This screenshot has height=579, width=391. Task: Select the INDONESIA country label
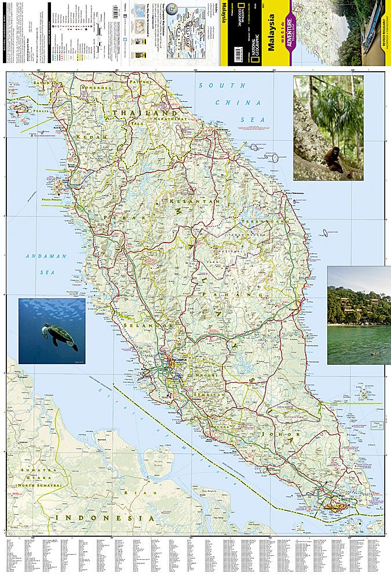101,518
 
